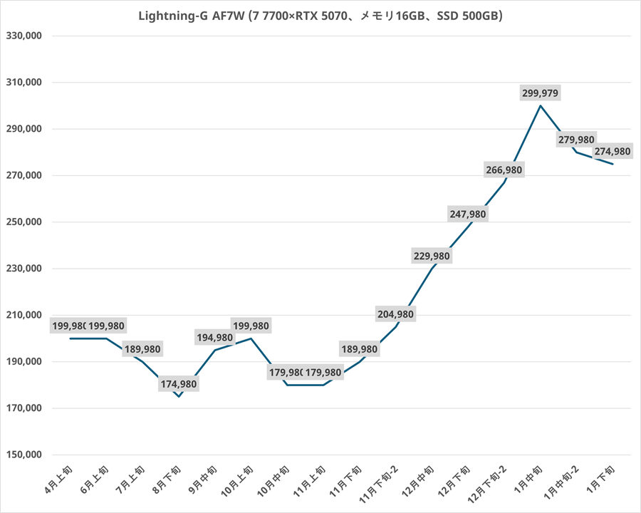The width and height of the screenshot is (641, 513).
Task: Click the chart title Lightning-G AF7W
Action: pyautogui.click(x=320, y=16)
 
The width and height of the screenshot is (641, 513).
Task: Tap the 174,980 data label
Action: pyautogui.click(x=179, y=384)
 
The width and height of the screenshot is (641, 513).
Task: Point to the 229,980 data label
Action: pyautogui.click(x=432, y=256)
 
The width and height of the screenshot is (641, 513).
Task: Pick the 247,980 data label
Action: pyautogui.click(x=468, y=214)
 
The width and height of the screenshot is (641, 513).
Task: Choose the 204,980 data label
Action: pyautogui.click(x=395, y=313)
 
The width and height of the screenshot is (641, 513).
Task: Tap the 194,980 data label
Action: pyautogui.click(x=215, y=338)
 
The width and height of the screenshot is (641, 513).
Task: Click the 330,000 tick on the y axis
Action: pyautogui.click(x=24, y=36)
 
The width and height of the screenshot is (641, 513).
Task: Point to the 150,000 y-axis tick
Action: pyautogui.click(x=24, y=455)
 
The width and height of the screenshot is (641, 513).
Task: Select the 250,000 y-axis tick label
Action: pyautogui.click(x=24, y=222)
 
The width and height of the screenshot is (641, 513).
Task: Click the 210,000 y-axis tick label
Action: pyautogui.click(x=24, y=315)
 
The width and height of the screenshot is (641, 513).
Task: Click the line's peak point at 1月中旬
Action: pyautogui.click(x=541, y=105)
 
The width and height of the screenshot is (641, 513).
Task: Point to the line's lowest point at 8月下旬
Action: pyautogui.click(x=179, y=396)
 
